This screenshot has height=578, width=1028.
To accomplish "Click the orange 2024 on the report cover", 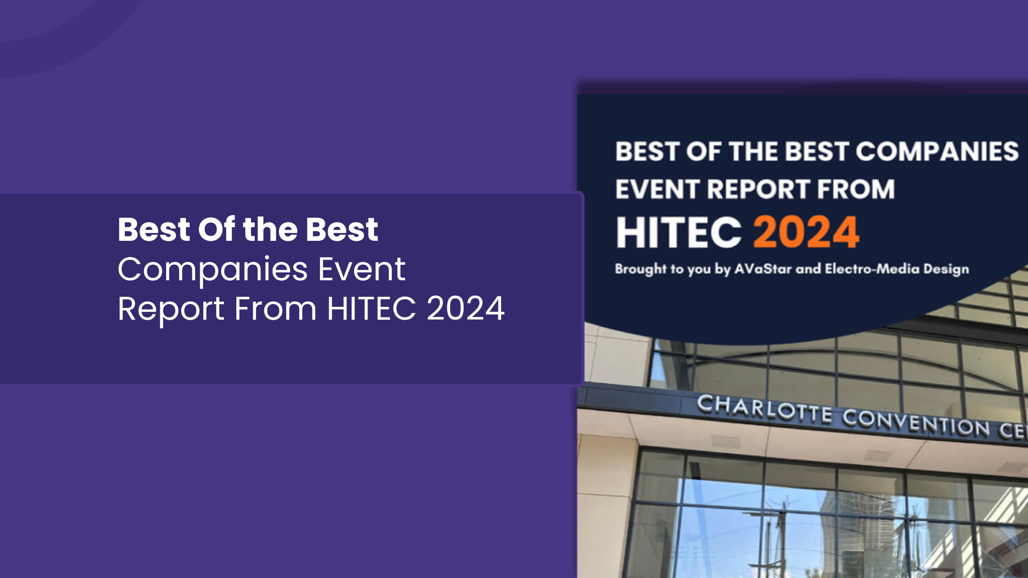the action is [x=806, y=232].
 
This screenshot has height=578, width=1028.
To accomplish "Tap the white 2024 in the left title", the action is [x=466, y=308].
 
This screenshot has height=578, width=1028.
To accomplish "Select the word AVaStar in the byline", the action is [x=763, y=269].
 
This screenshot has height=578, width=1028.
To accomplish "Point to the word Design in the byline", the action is [x=946, y=270].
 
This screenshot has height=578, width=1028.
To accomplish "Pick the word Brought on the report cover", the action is [x=641, y=269].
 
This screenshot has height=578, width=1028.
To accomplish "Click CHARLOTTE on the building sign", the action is [x=764, y=409].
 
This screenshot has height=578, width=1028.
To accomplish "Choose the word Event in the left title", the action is [x=362, y=269].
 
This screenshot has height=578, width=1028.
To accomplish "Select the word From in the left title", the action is [x=275, y=308].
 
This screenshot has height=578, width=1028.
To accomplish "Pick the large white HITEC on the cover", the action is [x=679, y=232].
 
